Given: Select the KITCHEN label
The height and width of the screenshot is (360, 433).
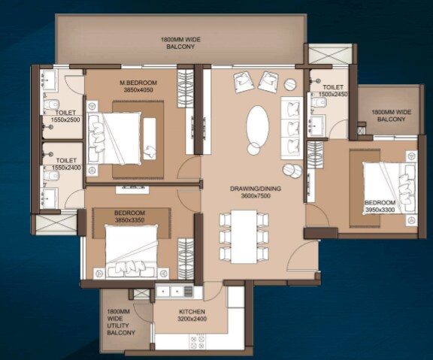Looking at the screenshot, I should coord(192,312).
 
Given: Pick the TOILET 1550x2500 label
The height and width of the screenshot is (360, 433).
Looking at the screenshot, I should coord(66,116).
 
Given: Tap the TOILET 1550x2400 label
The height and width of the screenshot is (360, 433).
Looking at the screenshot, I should coord(66,163).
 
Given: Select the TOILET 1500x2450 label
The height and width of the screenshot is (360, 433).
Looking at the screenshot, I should coord(333,91).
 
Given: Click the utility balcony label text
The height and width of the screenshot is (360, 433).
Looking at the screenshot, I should coord(120,321).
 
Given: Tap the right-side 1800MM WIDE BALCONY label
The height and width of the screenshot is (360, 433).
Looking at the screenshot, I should coord(391,115).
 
